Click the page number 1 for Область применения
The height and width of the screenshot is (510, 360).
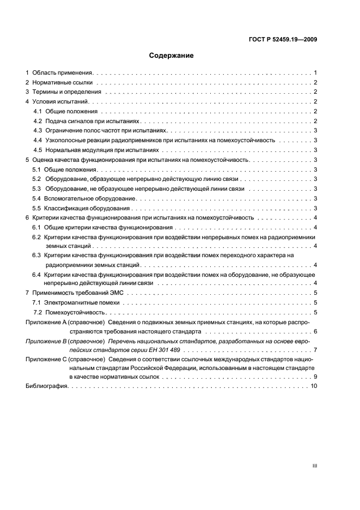coord(315,72)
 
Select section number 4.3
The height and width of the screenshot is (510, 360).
coord(38,131)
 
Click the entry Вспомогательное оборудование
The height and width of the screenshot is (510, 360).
coord(90,199)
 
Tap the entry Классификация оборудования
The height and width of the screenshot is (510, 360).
coord(88,209)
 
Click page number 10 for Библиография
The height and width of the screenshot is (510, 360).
coord(314,386)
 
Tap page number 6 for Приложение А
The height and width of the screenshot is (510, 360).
coord(315,331)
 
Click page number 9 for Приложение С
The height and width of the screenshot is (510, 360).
coord(315,377)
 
